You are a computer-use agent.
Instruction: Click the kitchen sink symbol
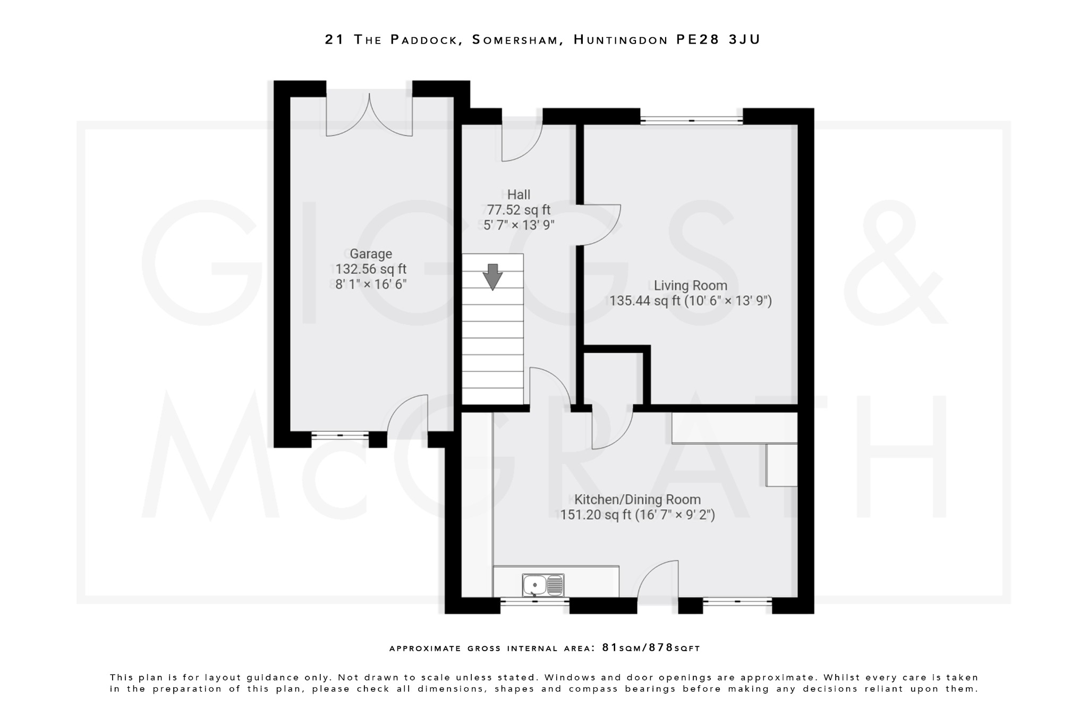coord(542,585)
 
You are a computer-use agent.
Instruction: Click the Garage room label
coord(371,254)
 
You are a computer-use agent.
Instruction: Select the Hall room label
coord(518,194)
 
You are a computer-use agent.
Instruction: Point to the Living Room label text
coord(690,286)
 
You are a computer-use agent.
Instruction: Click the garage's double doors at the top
coord(369,114)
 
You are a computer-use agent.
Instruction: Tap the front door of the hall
coord(522,141)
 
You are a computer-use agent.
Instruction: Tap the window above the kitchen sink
coord(534,602)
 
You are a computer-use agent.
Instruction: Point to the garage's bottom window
coord(340,436)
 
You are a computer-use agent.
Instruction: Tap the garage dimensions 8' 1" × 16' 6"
coord(371,284)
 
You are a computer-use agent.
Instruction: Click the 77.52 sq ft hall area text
coord(518,210)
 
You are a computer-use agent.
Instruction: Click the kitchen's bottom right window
coord(737,601)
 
